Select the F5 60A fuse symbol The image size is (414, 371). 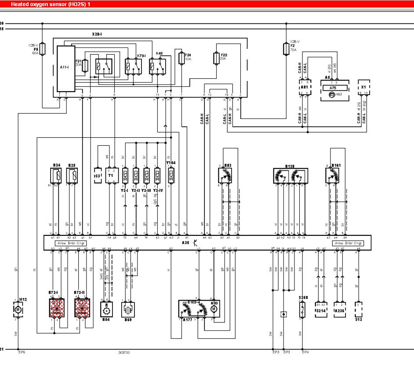click(x=42, y=48)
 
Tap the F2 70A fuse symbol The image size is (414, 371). click(x=286, y=48)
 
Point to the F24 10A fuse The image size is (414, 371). click(x=182, y=58)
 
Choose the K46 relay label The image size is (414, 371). click(x=159, y=54)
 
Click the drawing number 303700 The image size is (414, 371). click(x=124, y=353)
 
